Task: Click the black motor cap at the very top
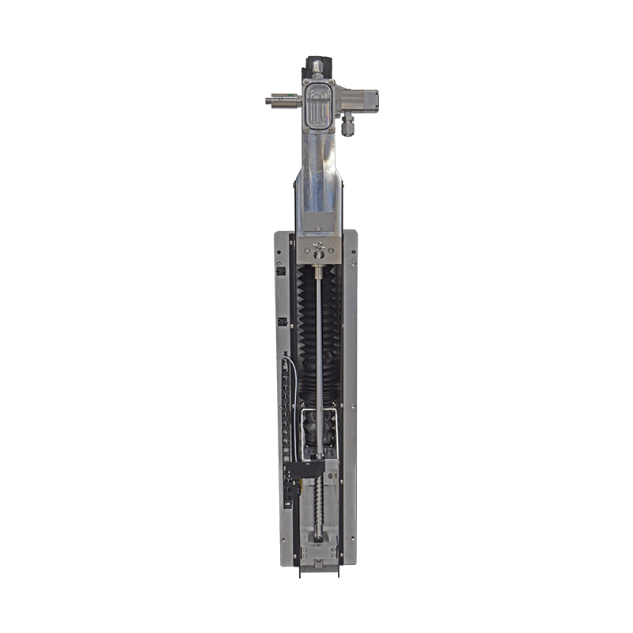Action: [x=316, y=66]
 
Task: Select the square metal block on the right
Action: [x=364, y=100]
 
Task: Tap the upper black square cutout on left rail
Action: [x=281, y=271]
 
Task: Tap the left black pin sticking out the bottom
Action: [x=300, y=571]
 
